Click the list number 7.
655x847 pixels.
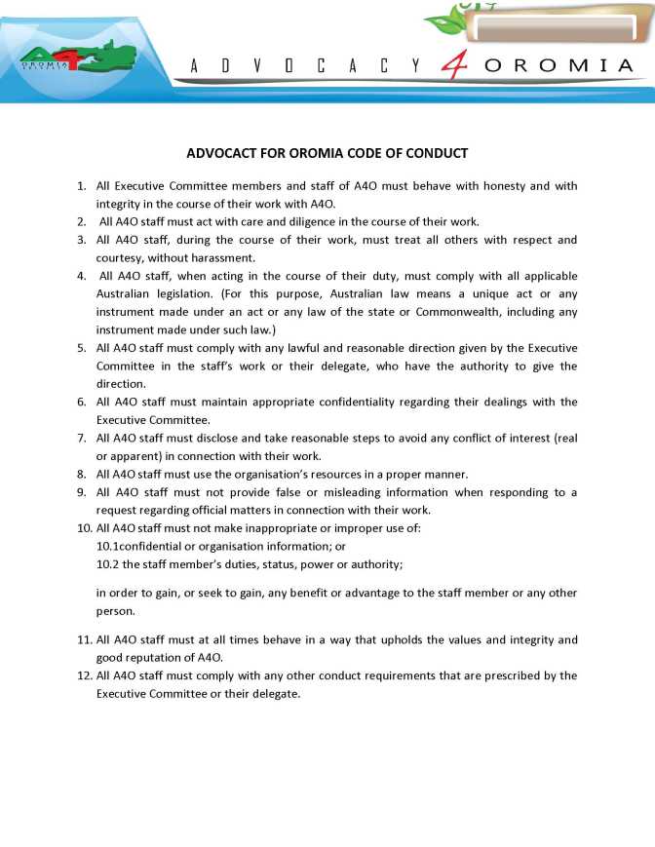[x=81, y=438]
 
